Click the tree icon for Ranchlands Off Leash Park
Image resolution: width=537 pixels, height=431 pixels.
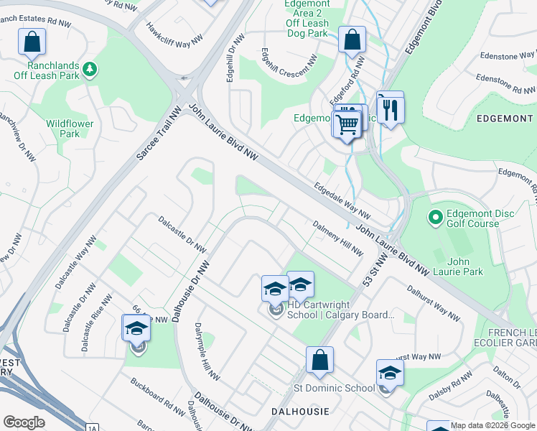90,69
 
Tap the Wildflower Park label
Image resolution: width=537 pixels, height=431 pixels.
70,129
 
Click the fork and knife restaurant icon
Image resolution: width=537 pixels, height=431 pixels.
390,109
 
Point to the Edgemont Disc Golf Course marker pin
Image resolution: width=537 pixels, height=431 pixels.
434,216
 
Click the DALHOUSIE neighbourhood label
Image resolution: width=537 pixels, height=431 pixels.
300,411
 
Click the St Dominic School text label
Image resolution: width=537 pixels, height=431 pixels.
334,388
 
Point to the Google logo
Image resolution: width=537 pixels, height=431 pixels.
24,422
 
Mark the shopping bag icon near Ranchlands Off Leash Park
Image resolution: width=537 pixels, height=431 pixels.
32,43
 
